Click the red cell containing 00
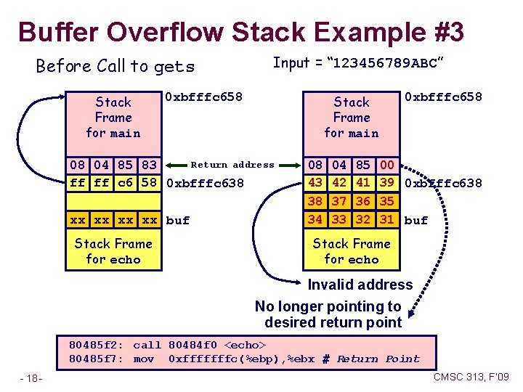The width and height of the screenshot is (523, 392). [387, 166]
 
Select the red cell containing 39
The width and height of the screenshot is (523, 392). [387, 182]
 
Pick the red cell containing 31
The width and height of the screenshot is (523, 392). [387, 219]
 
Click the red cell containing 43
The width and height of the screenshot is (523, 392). [315, 182]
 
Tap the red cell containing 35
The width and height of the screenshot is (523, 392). [387, 201]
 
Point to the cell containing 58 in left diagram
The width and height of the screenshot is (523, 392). [149, 182]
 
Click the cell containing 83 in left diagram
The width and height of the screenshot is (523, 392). [149, 166]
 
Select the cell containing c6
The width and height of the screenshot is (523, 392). [125, 182]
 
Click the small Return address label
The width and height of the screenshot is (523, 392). [232, 166]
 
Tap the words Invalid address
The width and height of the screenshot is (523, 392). [360, 285]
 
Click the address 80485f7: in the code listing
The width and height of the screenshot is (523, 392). [95, 359]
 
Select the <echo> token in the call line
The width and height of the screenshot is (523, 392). [246, 345]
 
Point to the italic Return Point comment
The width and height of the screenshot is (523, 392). [378, 359]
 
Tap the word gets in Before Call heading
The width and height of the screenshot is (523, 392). [174, 67]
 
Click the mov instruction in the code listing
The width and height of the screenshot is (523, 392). [143, 359]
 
